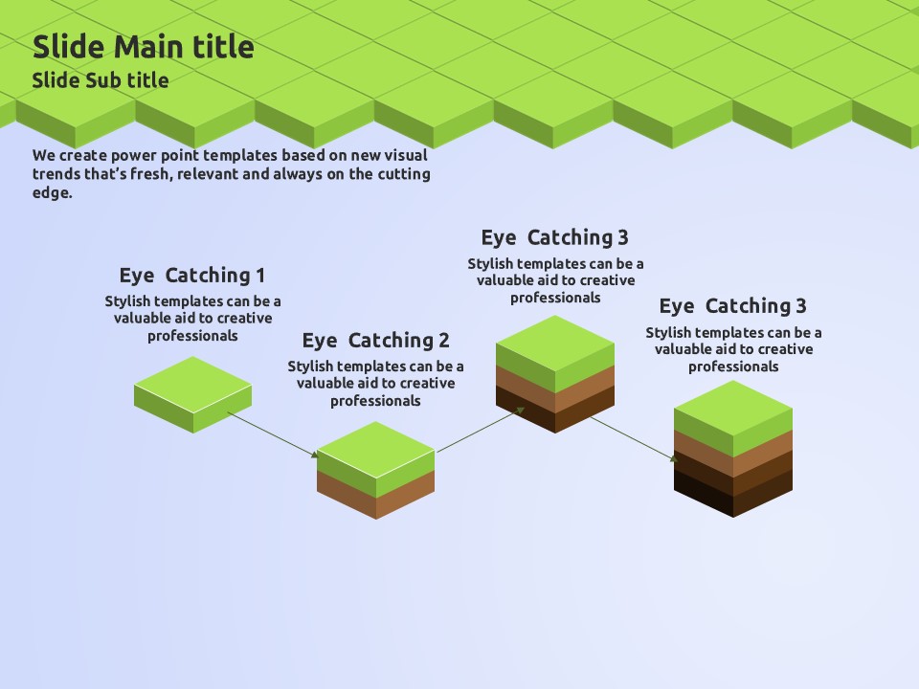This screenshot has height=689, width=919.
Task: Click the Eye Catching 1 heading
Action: pos(191,276)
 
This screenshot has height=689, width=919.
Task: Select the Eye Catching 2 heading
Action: pos(375,341)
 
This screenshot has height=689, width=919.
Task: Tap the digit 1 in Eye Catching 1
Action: pos(259,276)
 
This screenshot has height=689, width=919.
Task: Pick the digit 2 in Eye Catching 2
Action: pos(443,341)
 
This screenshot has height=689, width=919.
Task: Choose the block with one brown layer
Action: pos(375,470)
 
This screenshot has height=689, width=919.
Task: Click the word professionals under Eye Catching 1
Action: pos(192,336)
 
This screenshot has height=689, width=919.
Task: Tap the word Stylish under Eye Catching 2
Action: pos(312,367)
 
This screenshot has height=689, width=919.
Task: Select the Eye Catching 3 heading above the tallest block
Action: pos(732,306)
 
